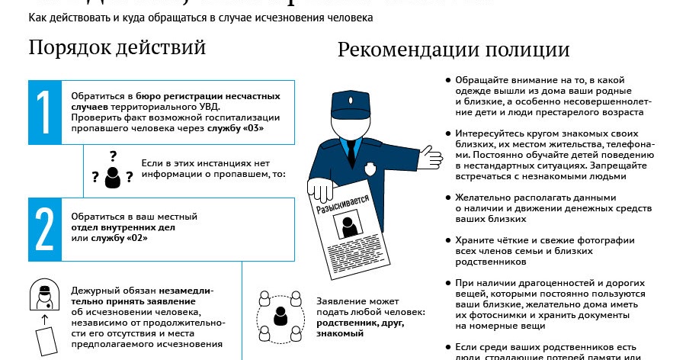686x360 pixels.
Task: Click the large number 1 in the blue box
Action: (44, 112)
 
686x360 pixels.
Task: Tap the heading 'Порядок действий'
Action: (117, 47)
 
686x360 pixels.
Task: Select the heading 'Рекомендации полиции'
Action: (454, 50)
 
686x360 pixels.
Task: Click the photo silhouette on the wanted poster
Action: (351, 227)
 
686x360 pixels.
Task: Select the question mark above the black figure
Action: (113, 156)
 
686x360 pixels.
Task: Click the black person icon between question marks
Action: (113, 177)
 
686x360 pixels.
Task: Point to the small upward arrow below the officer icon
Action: (44, 316)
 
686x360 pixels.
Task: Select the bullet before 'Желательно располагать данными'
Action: (448, 197)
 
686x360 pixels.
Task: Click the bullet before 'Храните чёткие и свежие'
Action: (448, 239)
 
